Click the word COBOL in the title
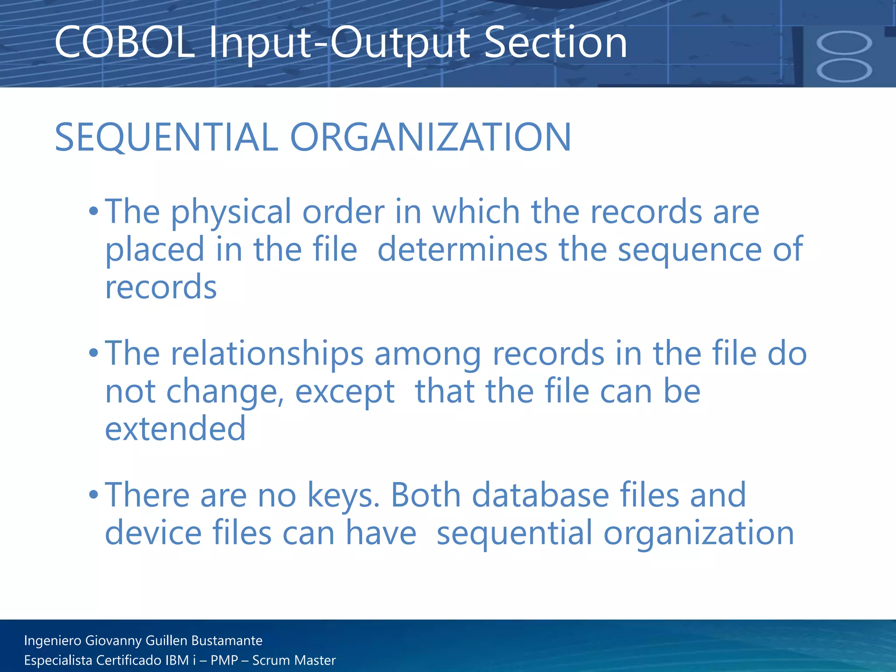(124, 43)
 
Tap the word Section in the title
(556, 43)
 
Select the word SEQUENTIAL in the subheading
(166, 137)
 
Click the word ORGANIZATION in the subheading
(430, 137)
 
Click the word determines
(462, 249)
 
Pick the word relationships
(267, 353)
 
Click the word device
(153, 533)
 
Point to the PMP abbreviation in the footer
(224, 660)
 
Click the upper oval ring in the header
(844, 43)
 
